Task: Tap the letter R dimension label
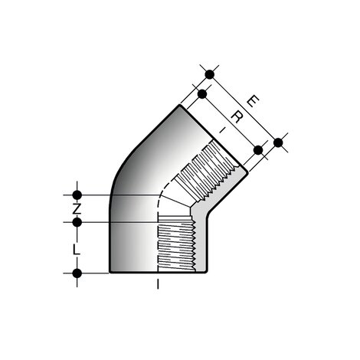238,116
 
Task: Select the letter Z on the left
77,208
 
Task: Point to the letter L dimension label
77,249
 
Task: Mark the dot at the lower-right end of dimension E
278,142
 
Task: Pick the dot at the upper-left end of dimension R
201,93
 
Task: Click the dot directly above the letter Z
77,195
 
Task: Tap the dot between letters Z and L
77,223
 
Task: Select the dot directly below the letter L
77,273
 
